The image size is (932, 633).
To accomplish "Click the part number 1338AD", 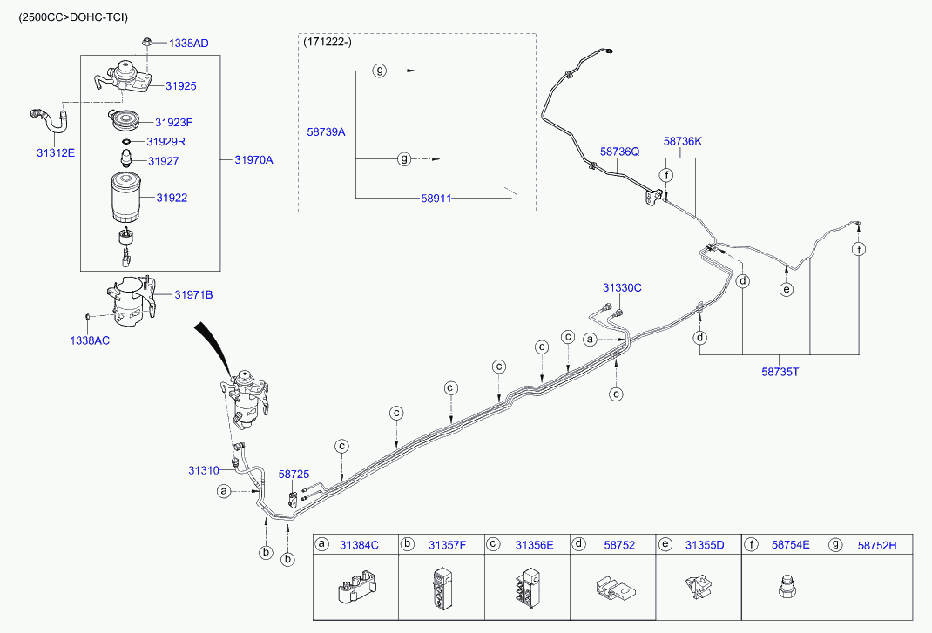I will click(188, 43).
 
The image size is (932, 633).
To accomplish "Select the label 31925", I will click(180, 86).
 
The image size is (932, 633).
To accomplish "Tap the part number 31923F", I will click(173, 123).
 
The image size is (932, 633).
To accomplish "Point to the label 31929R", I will click(165, 141).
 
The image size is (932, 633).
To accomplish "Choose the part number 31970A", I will click(253, 159).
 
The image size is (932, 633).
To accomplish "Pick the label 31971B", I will click(193, 295).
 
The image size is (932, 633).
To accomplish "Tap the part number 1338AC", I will click(90, 340).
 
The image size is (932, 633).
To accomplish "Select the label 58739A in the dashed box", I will click(326, 131).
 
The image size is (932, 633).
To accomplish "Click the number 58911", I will click(436, 198).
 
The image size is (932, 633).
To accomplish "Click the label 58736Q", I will click(619, 152).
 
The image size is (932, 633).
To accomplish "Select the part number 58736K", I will click(682, 140).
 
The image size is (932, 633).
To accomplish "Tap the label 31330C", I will click(622, 287).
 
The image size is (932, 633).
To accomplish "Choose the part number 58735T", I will click(780, 370).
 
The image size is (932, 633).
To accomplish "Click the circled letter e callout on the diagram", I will click(787, 290).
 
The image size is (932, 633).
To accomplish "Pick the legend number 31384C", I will click(359, 545).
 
